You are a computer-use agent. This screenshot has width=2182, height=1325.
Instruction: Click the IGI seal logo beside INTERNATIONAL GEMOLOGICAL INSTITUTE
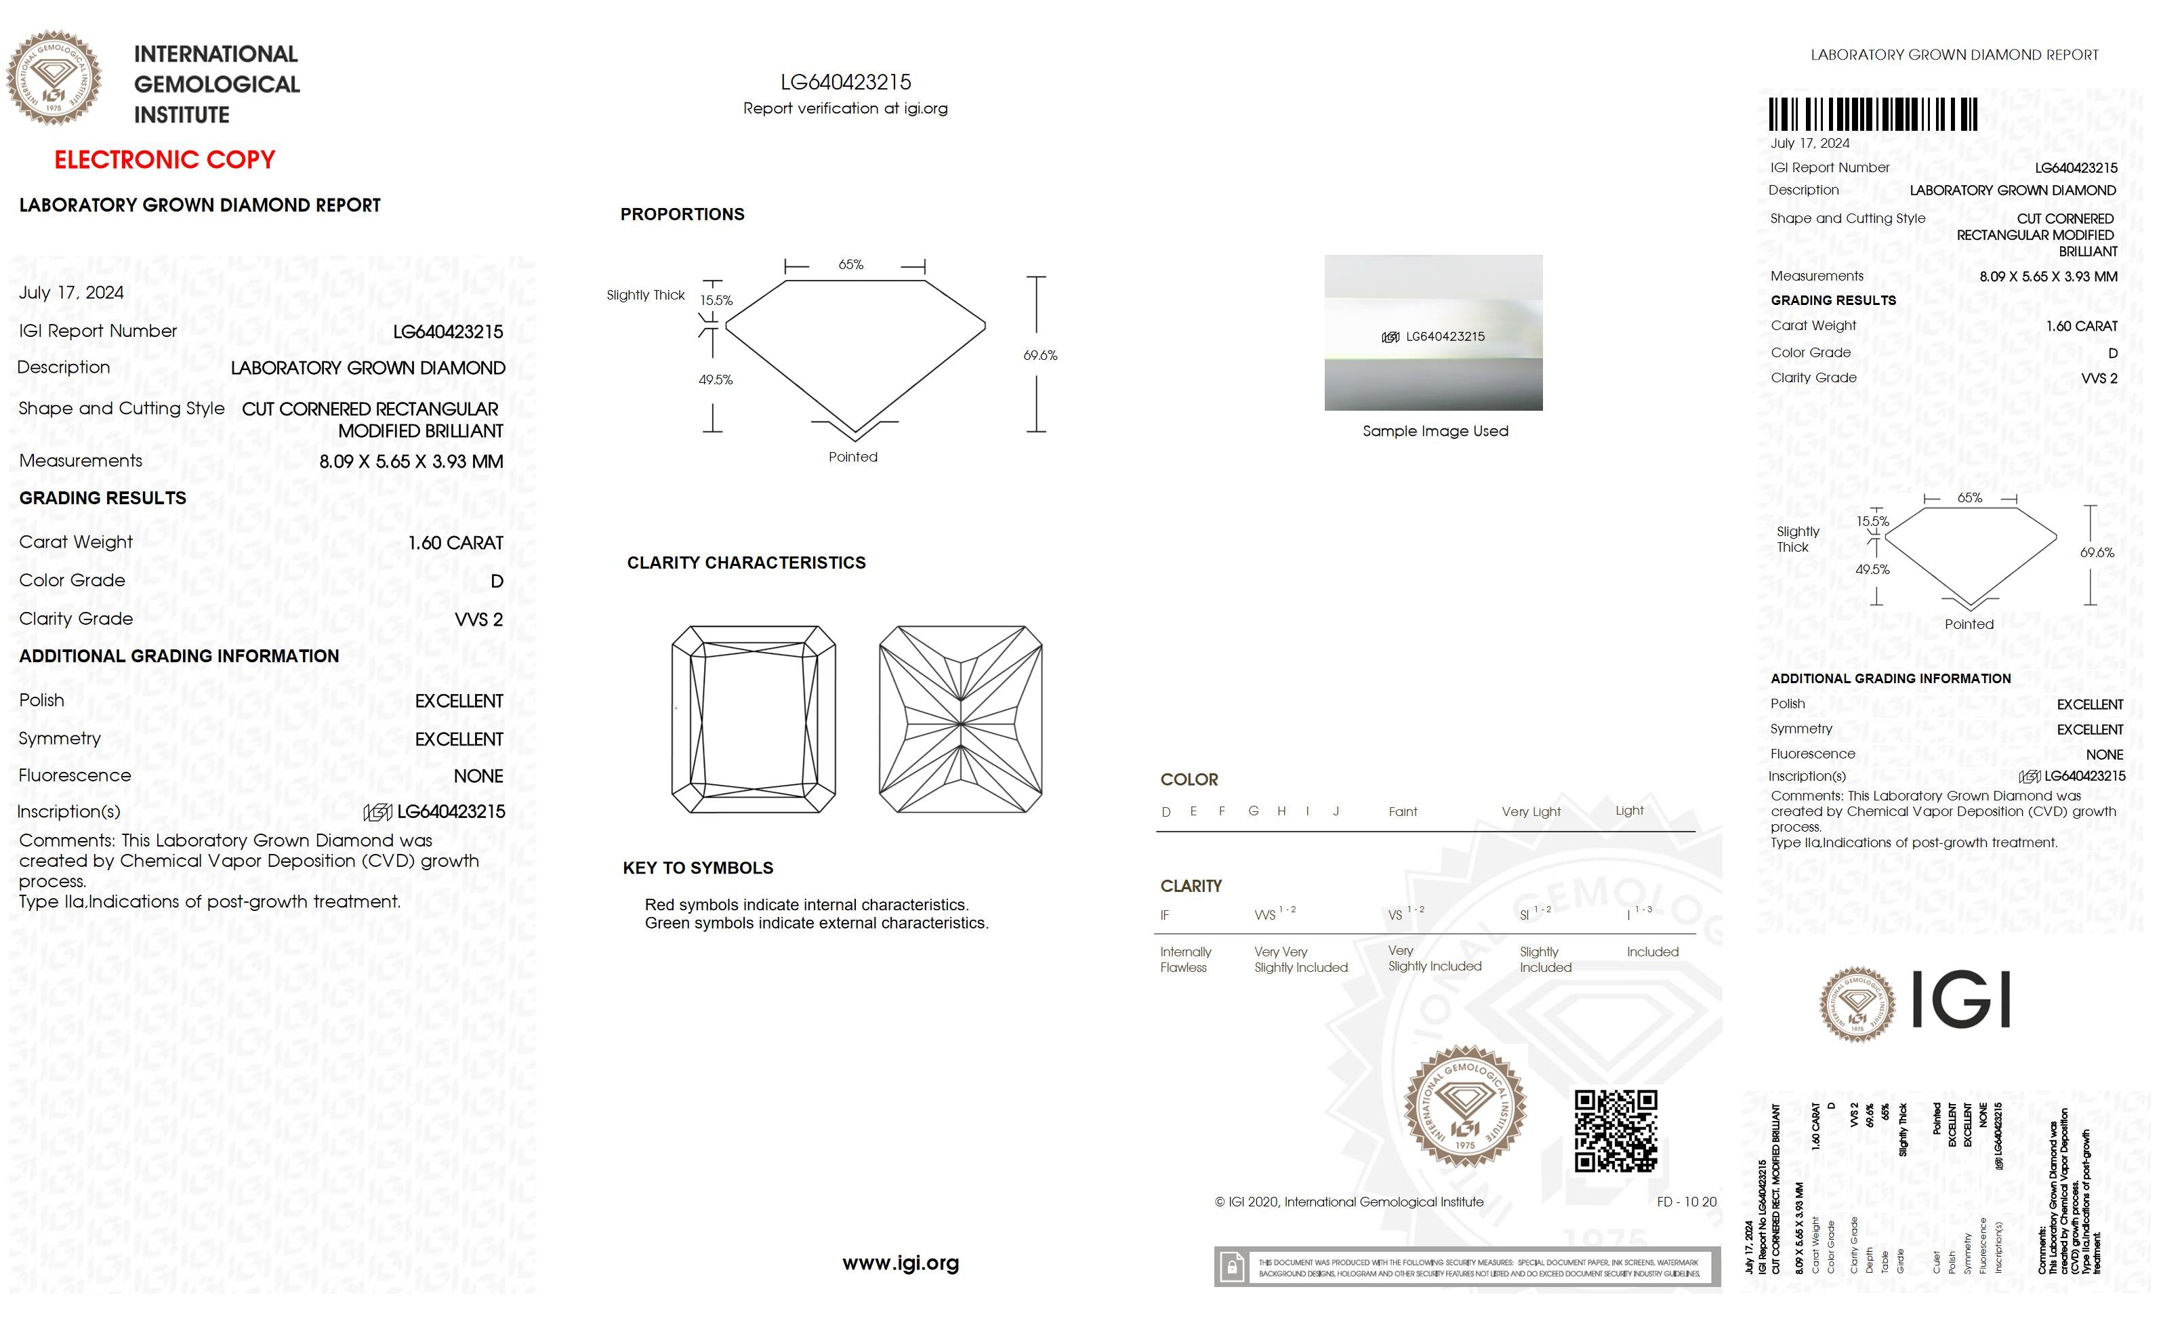tap(54, 78)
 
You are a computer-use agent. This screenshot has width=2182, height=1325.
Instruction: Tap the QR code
tap(1615, 1131)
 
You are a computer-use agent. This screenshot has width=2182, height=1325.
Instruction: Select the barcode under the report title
tap(1873, 115)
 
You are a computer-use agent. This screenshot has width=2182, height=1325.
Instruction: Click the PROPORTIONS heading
tap(682, 214)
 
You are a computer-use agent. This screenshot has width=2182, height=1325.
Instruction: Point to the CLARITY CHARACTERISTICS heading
tap(745, 563)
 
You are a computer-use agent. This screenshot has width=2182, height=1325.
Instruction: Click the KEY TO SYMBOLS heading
tap(698, 868)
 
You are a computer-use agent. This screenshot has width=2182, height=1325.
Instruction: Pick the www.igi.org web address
tap(900, 1263)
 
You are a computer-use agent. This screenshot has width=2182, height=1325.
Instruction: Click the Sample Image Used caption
tap(1435, 431)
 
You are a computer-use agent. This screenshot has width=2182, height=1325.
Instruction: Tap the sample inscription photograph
tap(1433, 332)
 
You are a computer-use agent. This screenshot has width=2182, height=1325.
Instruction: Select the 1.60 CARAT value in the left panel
tap(455, 543)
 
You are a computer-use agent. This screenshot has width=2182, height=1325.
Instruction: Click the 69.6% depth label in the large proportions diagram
tap(1039, 355)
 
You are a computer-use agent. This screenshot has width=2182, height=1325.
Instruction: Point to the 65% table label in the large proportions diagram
tap(850, 265)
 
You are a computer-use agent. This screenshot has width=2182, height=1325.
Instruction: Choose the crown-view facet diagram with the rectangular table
tap(754, 719)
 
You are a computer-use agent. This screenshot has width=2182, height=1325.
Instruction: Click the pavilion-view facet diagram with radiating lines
tap(960, 719)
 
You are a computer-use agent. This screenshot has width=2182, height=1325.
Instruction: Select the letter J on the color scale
tap(1336, 811)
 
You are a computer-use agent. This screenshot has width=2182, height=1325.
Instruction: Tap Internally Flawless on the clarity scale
tap(1185, 959)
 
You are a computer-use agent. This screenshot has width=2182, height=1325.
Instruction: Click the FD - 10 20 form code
tap(1686, 1202)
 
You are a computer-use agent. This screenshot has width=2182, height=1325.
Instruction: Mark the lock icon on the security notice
tap(1231, 1267)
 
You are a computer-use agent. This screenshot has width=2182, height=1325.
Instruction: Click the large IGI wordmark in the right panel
tap(1960, 999)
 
